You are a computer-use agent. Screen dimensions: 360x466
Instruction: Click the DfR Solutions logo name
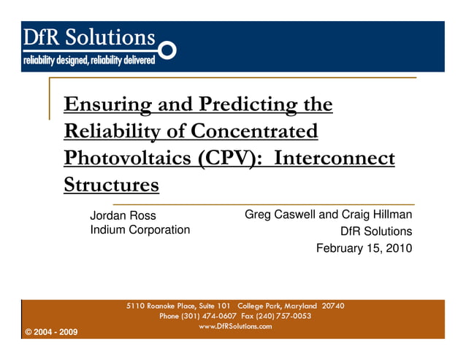90,37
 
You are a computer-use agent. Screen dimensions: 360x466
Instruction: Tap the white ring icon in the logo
167,50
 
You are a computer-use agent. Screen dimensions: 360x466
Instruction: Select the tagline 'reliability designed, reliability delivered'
89,60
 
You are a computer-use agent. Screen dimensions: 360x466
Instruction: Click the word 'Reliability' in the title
110,132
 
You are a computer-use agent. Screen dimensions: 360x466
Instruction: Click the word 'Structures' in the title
111,185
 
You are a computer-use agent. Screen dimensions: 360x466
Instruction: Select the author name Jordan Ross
123,215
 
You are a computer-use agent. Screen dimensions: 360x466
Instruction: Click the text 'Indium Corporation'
140,230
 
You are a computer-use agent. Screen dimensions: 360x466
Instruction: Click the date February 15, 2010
364,248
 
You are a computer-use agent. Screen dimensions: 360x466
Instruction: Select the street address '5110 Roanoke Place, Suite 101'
179,306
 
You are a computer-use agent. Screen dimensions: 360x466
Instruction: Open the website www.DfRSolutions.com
235,326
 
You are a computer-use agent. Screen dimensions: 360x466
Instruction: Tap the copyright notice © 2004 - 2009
51,332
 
